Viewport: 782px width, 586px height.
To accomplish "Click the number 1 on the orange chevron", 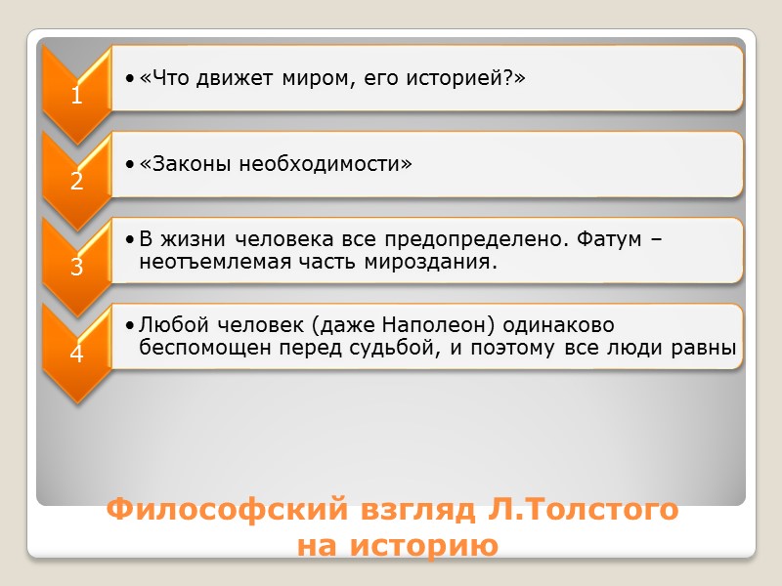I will click(75, 97).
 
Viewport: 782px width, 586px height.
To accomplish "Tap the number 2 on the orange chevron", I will click(75, 181).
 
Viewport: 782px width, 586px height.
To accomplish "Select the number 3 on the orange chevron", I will click(75, 267).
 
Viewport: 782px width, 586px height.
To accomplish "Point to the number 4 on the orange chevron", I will click(75, 354).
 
